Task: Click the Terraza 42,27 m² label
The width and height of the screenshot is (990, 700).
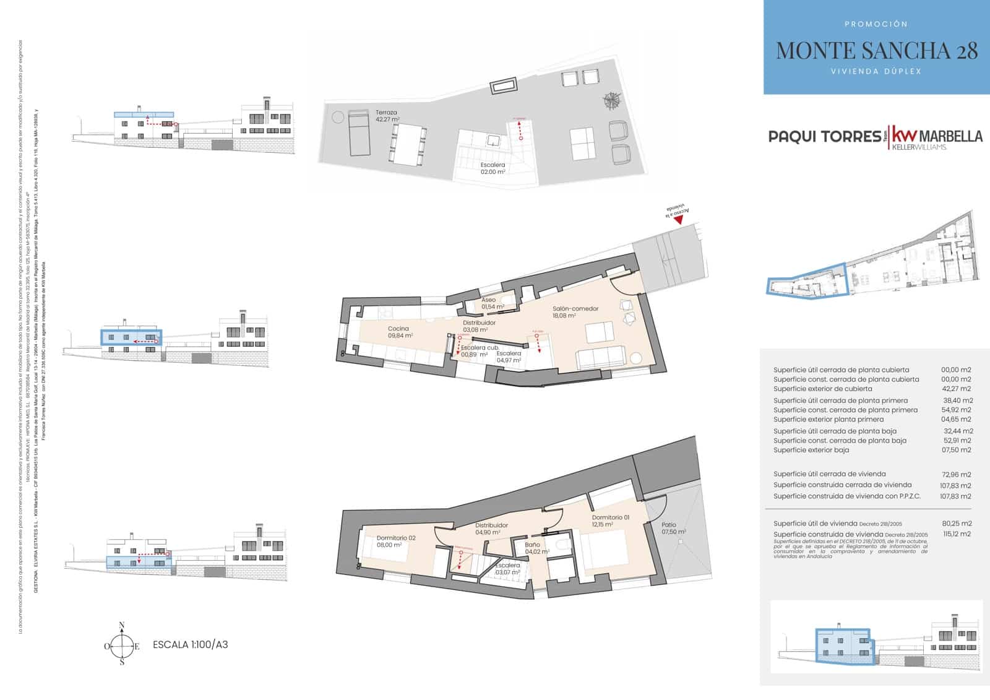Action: click(x=387, y=116)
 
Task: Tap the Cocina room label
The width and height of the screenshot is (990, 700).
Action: click(x=399, y=332)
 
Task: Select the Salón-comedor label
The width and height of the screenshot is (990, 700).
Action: click(x=575, y=311)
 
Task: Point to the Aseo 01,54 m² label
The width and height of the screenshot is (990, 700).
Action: click(x=492, y=303)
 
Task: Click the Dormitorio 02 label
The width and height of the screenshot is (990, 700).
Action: click(x=396, y=541)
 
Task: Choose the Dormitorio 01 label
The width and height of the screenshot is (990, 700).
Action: click(x=610, y=521)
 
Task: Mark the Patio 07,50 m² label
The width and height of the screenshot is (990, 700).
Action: click(x=673, y=528)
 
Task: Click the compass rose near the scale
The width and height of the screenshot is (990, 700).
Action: click(x=122, y=646)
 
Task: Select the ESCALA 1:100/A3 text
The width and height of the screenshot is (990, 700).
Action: click(x=190, y=645)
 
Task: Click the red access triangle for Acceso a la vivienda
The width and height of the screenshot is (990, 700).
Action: click(x=678, y=219)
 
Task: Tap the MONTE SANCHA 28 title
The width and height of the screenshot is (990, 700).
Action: click(x=876, y=51)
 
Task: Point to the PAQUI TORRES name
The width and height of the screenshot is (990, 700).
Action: click(x=824, y=136)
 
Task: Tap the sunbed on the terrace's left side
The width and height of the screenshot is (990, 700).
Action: click(x=359, y=132)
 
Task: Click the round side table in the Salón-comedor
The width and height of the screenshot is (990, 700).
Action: click(x=637, y=357)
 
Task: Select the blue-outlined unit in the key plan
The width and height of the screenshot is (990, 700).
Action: click(x=806, y=280)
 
